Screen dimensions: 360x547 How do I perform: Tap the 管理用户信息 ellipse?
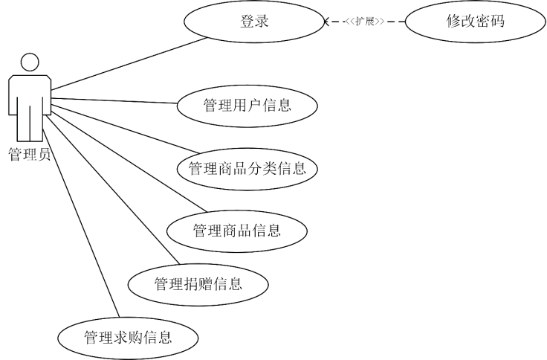coord(247,105)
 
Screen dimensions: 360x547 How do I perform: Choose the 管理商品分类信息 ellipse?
coord(247,168)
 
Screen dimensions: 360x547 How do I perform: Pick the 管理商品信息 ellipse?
coord(237,230)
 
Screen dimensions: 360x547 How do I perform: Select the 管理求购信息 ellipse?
coord(128,338)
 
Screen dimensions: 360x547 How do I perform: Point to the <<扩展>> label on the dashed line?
coord(364,22)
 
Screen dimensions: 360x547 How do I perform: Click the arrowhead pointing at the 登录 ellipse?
coord(326,22)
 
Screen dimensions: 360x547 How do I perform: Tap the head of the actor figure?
coord(30,62)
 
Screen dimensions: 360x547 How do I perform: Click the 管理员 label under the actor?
coord(30,155)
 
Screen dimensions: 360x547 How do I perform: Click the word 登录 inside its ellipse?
coord(254,22)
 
